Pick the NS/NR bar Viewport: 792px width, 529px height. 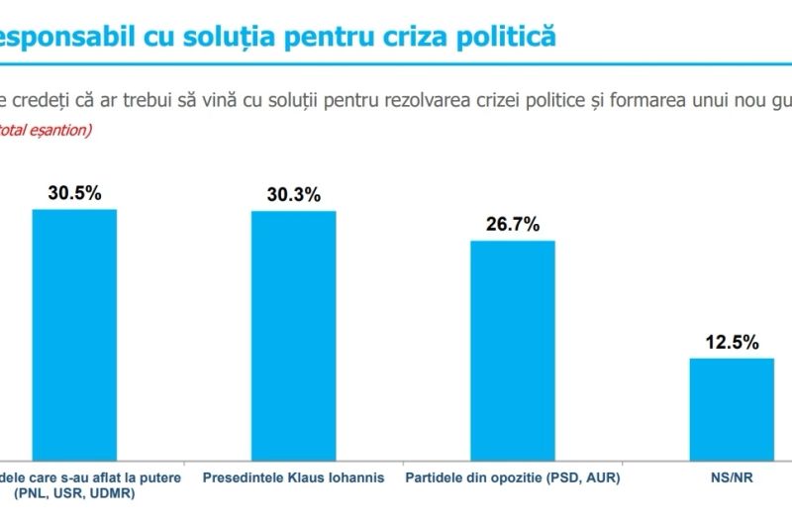(731, 406)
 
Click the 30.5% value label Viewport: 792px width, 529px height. (74, 193)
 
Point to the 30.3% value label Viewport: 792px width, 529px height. (293, 195)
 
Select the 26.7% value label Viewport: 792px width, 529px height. (512, 225)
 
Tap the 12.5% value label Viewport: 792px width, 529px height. (732, 343)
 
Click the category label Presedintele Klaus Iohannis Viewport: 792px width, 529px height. (293, 477)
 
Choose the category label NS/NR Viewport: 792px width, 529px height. (732, 477)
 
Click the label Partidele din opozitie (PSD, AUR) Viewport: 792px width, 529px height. (512, 477)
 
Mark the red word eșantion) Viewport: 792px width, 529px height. (62, 130)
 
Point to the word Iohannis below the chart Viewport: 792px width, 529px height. (354, 477)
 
